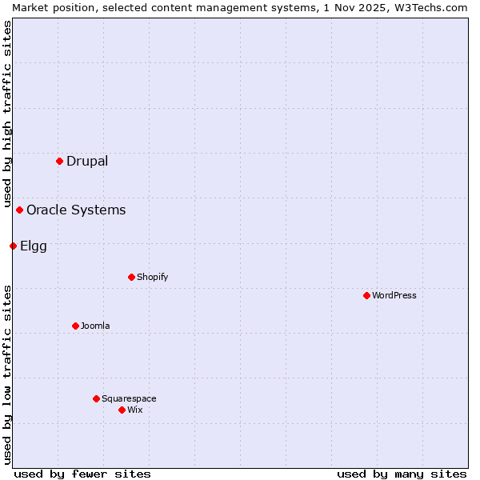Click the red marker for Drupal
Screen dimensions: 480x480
60,161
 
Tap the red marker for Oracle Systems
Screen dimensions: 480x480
20,210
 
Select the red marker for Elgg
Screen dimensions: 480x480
13,246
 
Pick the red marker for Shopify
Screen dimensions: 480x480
131,277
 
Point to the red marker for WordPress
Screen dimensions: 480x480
366,295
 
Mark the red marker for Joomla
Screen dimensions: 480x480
75,326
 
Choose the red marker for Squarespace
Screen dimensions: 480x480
96,398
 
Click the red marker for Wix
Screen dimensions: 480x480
122,410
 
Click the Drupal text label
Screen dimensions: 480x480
87,161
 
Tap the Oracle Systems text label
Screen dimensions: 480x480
76,210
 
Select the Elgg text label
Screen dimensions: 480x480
34,246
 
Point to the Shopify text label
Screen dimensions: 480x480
152,277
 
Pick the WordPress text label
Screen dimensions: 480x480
394,295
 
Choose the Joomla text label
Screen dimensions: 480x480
95,326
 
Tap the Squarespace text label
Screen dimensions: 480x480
129,398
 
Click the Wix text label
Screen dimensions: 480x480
135,410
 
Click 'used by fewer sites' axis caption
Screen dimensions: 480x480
82,474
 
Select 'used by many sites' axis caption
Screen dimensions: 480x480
402,474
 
